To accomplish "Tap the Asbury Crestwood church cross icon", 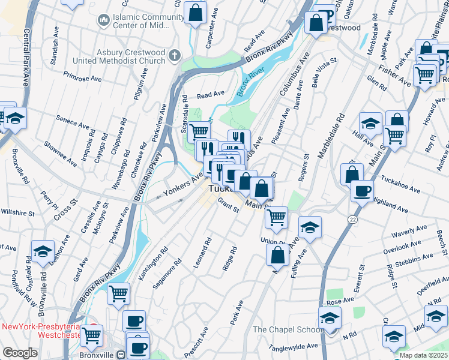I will tap(175, 56).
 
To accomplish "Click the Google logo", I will tap(20, 353).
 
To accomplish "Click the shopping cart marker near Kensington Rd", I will tap(119, 293).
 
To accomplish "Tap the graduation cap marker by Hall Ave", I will tap(370, 124).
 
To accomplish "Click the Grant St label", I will tap(228, 204).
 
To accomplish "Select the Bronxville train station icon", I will tap(121, 354).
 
